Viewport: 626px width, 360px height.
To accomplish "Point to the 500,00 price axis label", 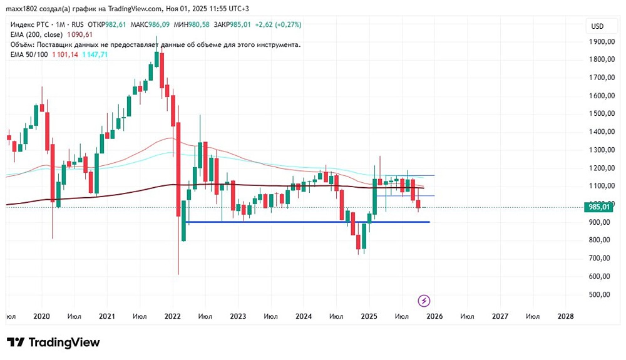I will tap(602, 294).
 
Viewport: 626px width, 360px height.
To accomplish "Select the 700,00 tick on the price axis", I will tap(602, 258).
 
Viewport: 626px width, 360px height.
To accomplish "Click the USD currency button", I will tap(597, 26).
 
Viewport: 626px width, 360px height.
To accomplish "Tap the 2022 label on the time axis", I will tap(172, 317).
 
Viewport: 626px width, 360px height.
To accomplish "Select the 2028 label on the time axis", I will tap(565, 317).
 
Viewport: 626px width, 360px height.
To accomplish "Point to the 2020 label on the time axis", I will tap(41, 317).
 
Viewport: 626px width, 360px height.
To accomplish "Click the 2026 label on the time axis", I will tap(434, 317).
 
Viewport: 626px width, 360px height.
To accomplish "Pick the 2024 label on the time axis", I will tap(303, 317).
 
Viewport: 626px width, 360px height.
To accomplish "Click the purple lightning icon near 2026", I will tap(424, 301).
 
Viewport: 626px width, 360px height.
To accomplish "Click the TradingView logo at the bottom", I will tap(53, 342).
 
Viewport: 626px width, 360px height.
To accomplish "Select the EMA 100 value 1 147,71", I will tap(95, 54).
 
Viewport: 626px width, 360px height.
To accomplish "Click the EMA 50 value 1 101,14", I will tap(65, 54).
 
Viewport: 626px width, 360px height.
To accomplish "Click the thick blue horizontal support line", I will tap(307, 222).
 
